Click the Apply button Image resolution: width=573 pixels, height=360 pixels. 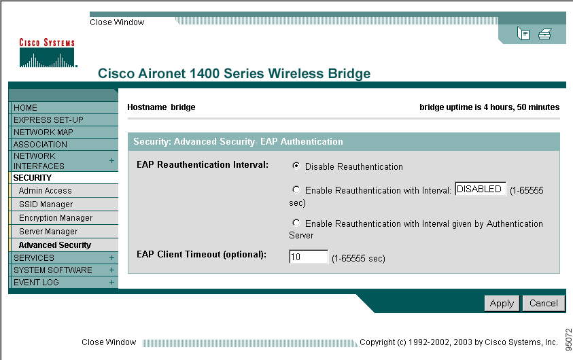click(x=502, y=304)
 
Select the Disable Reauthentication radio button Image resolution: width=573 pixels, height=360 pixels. click(x=296, y=166)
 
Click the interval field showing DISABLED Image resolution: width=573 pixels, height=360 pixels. click(x=481, y=189)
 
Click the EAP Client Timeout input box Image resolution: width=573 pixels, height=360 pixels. click(x=309, y=257)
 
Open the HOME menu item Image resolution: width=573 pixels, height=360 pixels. click(x=25, y=108)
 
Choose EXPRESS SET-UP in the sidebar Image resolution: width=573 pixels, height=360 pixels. click(x=48, y=120)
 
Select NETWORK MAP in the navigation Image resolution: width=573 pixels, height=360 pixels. click(x=43, y=132)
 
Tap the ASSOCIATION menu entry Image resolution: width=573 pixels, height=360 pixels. click(x=40, y=144)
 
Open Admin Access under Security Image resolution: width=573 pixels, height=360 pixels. click(x=46, y=191)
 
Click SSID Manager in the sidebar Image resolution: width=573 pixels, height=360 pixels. click(x=46, y=204)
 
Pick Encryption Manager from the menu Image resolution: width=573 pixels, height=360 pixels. click(x=56, y=217)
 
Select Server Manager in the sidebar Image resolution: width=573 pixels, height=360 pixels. click(x=48, y=232)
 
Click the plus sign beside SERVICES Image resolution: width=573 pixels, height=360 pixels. click(x=111, y=257)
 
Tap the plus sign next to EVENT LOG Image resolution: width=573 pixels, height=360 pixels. click(x=111, y=283)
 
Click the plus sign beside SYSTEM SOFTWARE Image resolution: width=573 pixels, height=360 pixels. click(x=111, y=270)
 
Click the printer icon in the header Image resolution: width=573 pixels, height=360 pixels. click(x=544, y=34)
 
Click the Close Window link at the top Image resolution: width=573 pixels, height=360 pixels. click(x=117, y=22)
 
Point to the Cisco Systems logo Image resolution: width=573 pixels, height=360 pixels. click(x=48, y=52)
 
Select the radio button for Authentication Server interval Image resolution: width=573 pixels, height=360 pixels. click(x=296, y=222)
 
